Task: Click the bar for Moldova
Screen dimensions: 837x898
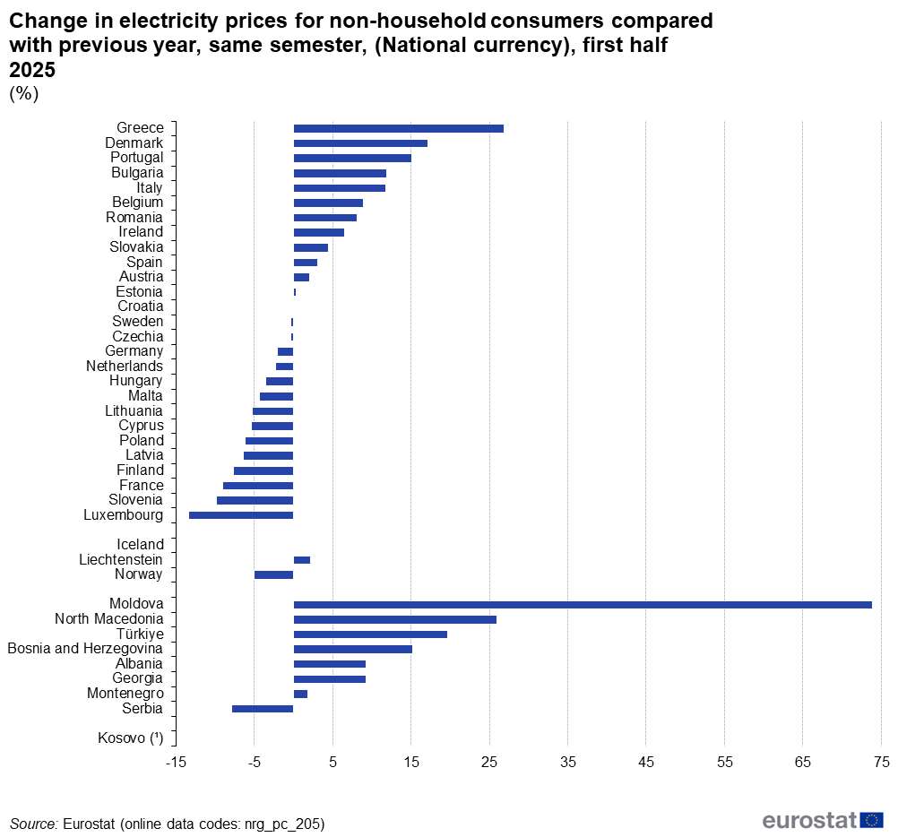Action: (x=583, y=605)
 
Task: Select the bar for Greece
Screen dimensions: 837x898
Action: (x=399, y=128)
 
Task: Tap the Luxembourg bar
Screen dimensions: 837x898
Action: (x=241, y=515)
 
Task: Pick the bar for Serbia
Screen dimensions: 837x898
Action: (x=263, y=709)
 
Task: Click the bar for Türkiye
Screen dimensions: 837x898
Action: (x=370, y=634)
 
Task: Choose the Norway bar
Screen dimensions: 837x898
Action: (x=274, y=574)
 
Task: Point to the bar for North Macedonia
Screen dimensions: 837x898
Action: (x=395, y=619)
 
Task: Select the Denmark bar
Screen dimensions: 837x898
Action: (x=360, y=143)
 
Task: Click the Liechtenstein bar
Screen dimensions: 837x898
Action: (x=302, y=560)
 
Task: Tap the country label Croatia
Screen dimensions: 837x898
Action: (x=140, y=306)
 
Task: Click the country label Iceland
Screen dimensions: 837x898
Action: (x=140, y=545)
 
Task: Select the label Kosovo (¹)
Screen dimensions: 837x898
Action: (x=130, y=738)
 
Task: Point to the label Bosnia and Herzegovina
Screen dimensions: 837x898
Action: (x=85, y=649)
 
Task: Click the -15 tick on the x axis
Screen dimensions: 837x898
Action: (x=176, y=763)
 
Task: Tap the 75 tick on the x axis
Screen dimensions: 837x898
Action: (x=881, y=763)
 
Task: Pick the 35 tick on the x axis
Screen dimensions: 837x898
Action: (x=568, y=763)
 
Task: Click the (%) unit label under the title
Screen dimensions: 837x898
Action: (x=23, y=94)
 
